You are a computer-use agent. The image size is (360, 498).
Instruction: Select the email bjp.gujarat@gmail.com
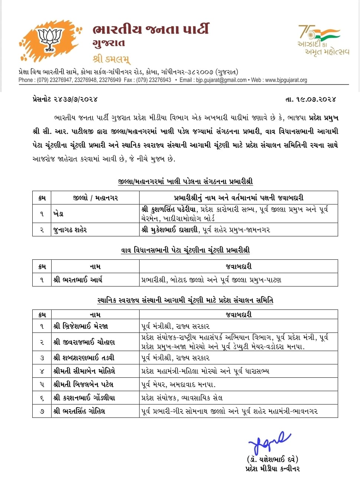[x=221, y=80]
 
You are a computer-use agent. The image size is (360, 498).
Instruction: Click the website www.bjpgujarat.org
[x=286, y=80]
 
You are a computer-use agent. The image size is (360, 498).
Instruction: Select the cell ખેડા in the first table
[x=59, y=214]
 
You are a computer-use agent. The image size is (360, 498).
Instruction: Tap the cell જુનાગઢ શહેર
[x=70, y=230]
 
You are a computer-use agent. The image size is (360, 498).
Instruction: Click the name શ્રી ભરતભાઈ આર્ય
[x=78, y=279]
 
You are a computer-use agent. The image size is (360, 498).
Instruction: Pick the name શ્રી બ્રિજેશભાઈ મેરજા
[x=81, y=326]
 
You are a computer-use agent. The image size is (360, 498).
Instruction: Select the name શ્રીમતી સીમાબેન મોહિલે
[x=84, y=371]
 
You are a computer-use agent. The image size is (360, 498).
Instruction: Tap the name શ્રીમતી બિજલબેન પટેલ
[x=84, y=384]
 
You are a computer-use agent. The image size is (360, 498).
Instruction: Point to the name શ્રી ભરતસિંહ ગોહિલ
[x=79, y=411]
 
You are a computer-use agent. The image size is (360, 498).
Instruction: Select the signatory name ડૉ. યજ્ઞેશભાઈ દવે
[x=272, y=459]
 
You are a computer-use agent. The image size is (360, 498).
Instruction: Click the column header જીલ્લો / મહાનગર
[x=95, y=198]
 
